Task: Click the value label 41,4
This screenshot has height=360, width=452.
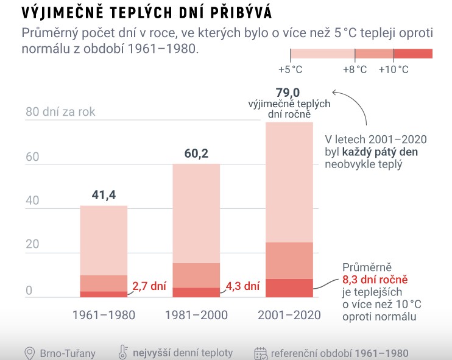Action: coord(104,195)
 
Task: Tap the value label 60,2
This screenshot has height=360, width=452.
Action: coord(196,154)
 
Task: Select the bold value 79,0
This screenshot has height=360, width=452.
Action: coord(288,92)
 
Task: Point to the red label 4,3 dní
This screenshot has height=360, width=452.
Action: coord(243,284)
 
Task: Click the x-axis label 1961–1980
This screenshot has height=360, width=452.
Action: coord(104,315)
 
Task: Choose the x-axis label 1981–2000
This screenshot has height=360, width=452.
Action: coord(196,315)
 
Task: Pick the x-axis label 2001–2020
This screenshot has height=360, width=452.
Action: coord(289,315)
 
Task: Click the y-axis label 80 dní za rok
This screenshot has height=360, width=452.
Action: coord(60,112)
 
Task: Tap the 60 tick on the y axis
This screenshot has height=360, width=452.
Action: coord(32,157)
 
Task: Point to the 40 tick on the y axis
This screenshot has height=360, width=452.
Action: coord(32,200)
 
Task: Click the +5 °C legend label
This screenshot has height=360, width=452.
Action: coord(290,70)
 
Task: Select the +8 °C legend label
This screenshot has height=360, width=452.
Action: coord(355,70)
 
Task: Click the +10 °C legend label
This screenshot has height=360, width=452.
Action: coord(394,70)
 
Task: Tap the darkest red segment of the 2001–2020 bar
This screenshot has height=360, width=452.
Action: coord(289,288)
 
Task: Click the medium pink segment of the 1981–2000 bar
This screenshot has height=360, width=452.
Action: coord(196,275)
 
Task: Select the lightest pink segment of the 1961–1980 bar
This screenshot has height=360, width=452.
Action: coord(104,240)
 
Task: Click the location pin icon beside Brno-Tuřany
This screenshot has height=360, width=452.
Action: coord(29,353)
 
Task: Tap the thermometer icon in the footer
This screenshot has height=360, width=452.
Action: coord(122,353)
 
